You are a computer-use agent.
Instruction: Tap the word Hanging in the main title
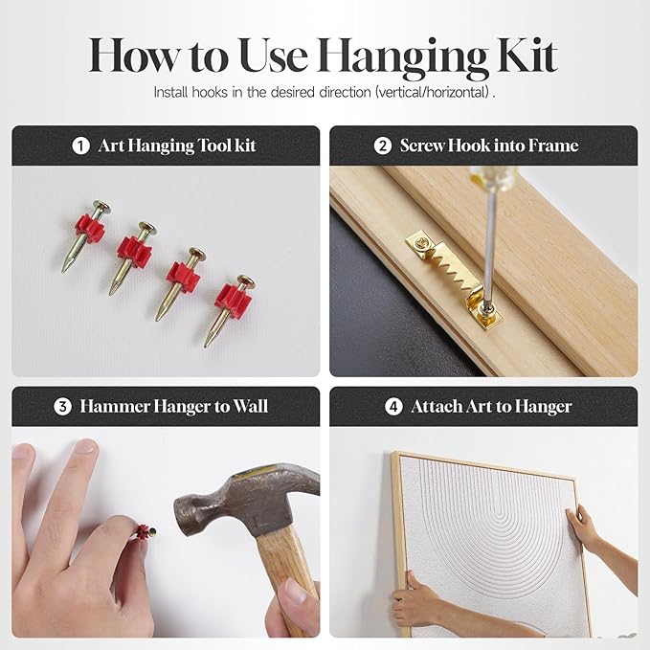(x=402, y=58)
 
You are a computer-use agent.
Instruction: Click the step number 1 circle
(x=80, y=146)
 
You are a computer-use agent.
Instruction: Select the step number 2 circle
(x=383, y=146)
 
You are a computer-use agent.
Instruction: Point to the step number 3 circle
(x=62, y=407)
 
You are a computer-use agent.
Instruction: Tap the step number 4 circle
(x=393, y=407)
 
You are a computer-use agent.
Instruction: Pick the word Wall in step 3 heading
(x=251, y=406)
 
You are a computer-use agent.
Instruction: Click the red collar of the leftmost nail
(x=90, y=229)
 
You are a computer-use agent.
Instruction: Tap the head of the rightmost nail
(x=246, y=281)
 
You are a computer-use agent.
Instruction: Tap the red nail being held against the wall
(x=146, y=530)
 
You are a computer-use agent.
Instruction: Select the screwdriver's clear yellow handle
(x=492, y=176)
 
